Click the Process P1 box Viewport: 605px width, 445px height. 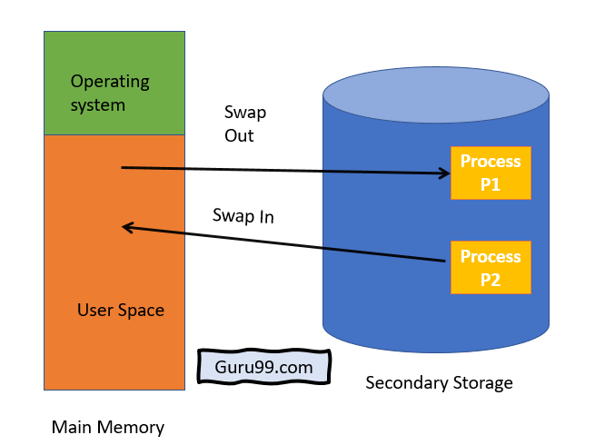(491, 173)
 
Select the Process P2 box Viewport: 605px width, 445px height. (491, 267)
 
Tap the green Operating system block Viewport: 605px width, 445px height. (114, 84)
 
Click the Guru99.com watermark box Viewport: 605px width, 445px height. (264, 368)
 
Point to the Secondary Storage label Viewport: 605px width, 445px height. (439, 382)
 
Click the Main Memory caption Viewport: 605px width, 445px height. (107, 427)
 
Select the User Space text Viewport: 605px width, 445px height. (121, 311)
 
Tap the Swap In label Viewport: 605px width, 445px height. (243, 216)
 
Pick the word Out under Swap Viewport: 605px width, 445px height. (239, 136)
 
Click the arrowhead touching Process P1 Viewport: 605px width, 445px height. (444, 173)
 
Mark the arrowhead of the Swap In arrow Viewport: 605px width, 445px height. (129, 227)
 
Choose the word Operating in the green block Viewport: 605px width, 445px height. (110, 82)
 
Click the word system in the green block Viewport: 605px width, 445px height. (97, 105)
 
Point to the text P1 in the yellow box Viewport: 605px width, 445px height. (491, 184)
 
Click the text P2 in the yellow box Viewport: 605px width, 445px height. (491, 279)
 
